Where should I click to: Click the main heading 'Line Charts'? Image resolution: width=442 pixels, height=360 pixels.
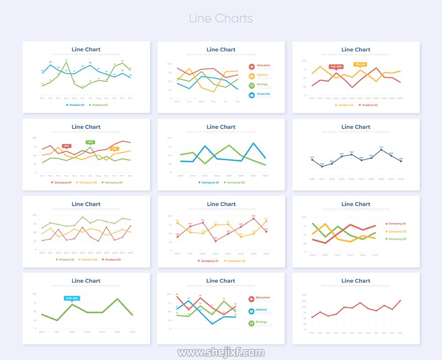click(x=221, y=19)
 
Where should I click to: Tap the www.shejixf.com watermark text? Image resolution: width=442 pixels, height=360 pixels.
click(x=221, y=352)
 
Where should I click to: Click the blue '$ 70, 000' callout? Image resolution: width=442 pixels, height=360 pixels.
click(x=72, y=298)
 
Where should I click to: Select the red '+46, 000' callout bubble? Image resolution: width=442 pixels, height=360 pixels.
click(x=335, y=66)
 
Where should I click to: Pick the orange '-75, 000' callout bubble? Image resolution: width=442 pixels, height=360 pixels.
click(x=360, y=64)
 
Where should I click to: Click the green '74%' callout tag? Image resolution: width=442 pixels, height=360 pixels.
click(x=90, y=142)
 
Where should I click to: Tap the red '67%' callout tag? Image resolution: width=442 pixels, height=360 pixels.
click(x=66, y=146)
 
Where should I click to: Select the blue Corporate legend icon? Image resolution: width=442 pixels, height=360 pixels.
click(x=251, y=95)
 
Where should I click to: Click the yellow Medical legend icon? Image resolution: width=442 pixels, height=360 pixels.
click(x=251, y=76)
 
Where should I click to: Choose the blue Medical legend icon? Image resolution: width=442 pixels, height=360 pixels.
click(x=251, y=311)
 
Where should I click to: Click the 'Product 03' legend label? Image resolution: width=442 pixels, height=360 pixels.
click(x=113, y=260)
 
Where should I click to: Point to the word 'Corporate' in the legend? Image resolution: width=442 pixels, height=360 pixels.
click(x=263, y=94)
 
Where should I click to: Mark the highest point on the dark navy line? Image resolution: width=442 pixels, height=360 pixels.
click(x=381, y=150)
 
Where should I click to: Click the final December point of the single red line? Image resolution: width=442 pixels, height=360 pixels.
click(x=400, y=300)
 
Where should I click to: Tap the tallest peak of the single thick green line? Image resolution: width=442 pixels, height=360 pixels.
click(x=118, y=299)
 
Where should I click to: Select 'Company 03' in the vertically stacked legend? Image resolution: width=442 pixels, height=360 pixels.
click(x=397, y=239)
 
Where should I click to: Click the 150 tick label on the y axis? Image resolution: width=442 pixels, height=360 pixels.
click(x=304, y=295)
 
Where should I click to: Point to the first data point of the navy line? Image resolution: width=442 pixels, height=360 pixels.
click(x=312, y=160)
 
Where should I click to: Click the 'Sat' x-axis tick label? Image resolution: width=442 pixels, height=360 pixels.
click(x=238, y=102)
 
